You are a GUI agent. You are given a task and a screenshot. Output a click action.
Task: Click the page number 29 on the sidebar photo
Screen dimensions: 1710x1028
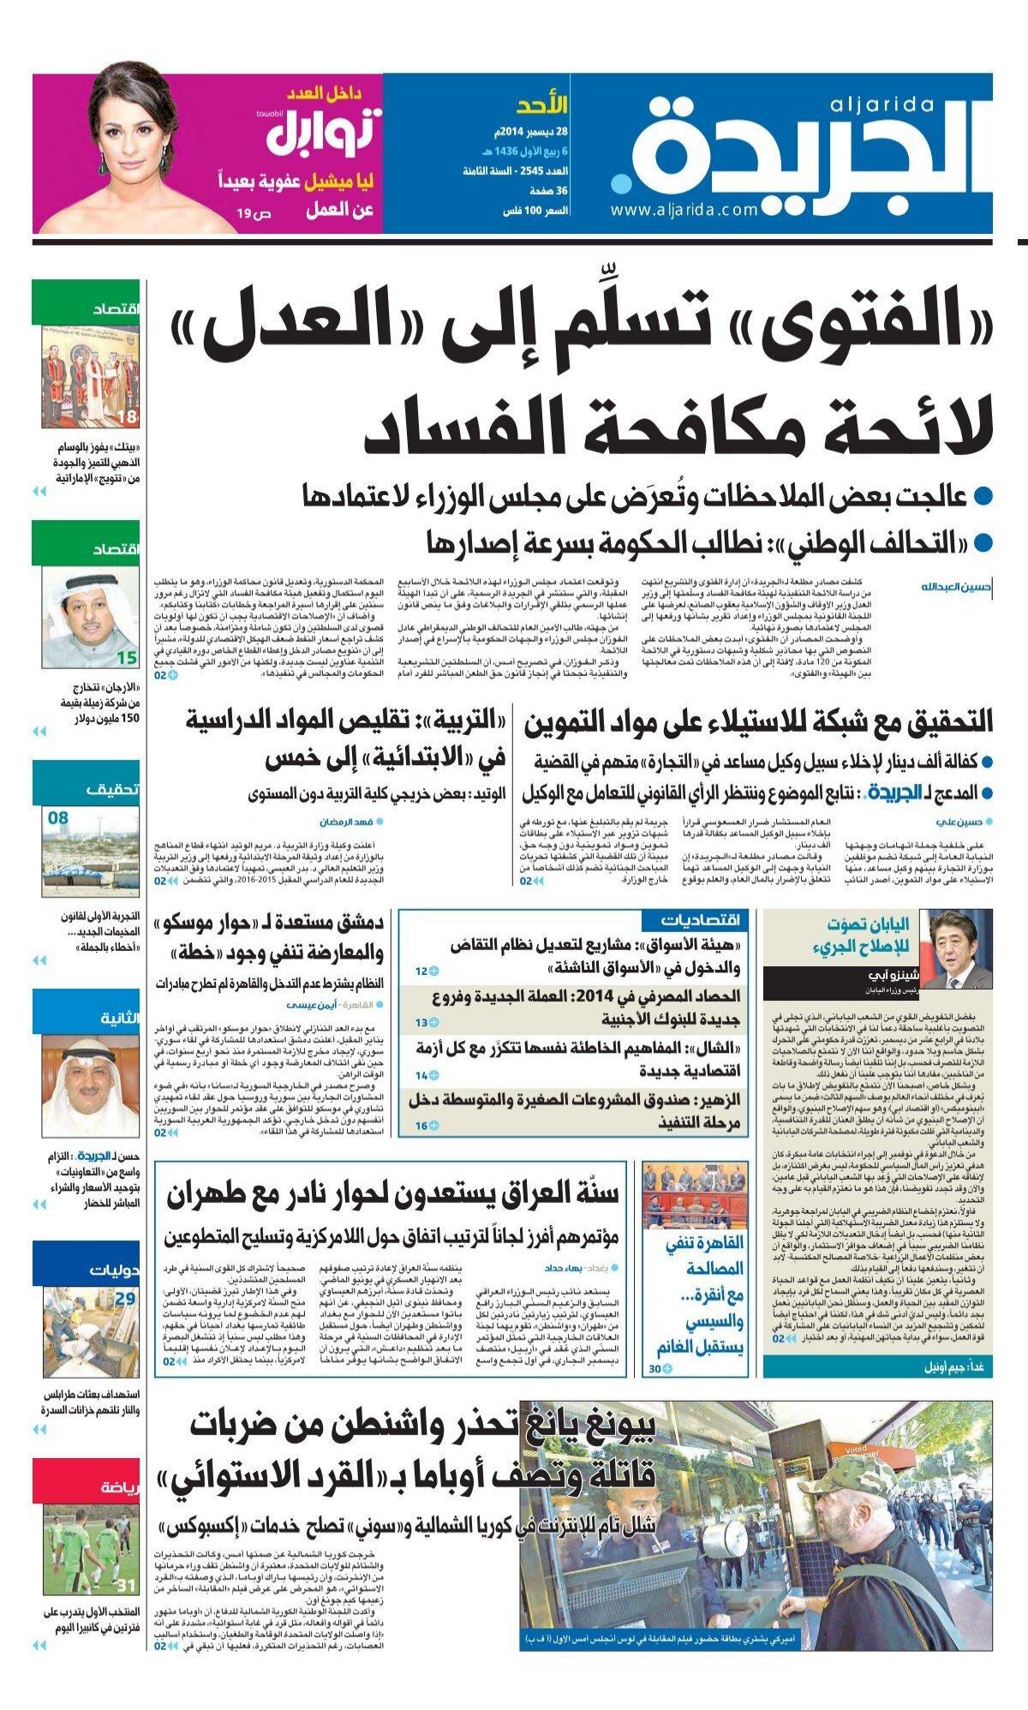tap(126, 1299)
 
